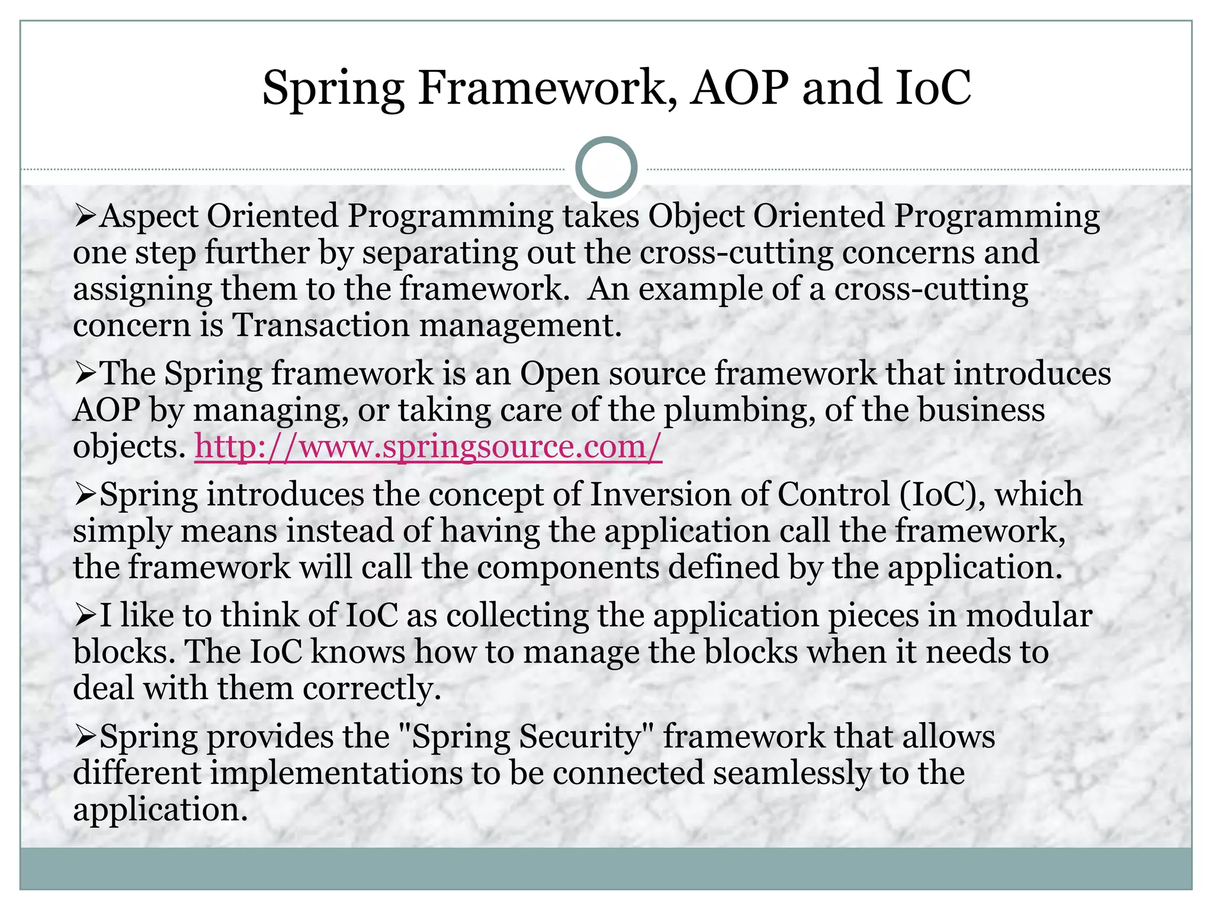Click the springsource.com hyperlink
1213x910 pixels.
point(428,446)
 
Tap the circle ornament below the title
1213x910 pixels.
point(606,168)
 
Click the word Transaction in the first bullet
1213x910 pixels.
point(320,325)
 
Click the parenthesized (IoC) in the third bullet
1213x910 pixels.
point(942,494)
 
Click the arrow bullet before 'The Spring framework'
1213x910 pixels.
point(85,374)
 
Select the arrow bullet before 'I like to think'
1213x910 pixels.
point(85,616)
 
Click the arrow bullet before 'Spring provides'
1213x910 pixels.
point(85,738)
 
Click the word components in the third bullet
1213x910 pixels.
point(568,567)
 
